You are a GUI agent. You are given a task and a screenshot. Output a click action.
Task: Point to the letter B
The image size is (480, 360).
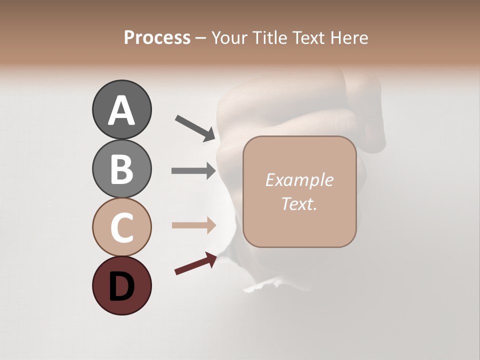[121, 169]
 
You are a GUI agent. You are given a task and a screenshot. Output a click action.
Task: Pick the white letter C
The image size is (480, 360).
[121, 227]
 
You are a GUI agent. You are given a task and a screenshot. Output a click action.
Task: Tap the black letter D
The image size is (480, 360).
[121, 286]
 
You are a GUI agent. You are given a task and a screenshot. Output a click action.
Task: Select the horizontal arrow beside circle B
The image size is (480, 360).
[193, 171]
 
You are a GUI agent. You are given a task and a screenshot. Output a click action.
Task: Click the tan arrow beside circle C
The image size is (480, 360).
[193, 225]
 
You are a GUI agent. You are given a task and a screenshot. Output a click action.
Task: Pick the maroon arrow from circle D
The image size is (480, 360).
[195, 263]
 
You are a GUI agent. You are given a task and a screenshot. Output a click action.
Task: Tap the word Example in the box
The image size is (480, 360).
[299, 180]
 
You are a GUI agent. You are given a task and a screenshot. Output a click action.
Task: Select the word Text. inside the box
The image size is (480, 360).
[299, 204]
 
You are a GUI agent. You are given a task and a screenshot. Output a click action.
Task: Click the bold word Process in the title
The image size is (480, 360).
[157, 38]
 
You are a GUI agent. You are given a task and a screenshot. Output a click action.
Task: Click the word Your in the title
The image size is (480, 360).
[228, 38]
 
